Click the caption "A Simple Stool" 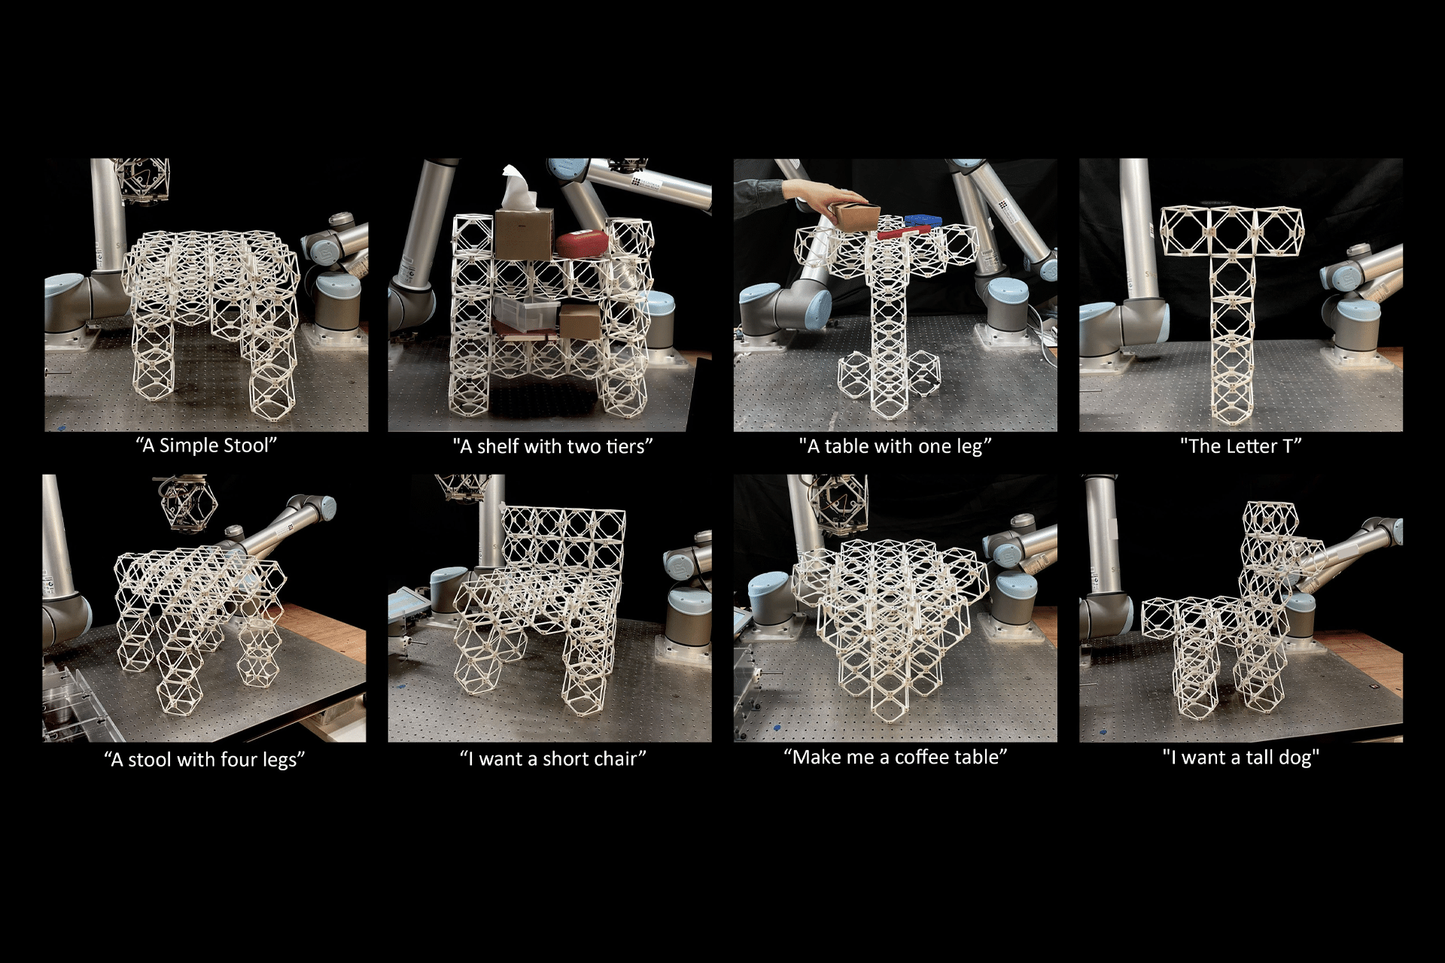(x=206, y=445)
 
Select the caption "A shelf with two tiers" (x=552, y=446)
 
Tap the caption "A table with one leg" (x=895, y=446)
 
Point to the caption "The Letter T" (x=1240, y=446)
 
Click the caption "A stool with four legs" (x=204, y=760)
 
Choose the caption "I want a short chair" (x=552, y=758)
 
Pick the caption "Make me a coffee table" (x=895, y=757)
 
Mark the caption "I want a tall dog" (x=1240, y=758)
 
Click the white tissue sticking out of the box (x=519, y=188)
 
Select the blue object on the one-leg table (x=922, y=220)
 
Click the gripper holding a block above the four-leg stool (x=184, y=502)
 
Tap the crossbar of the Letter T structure (x=1232, y=230)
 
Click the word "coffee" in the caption (x=920, y=757)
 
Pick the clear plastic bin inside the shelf (x=526, y=313)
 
